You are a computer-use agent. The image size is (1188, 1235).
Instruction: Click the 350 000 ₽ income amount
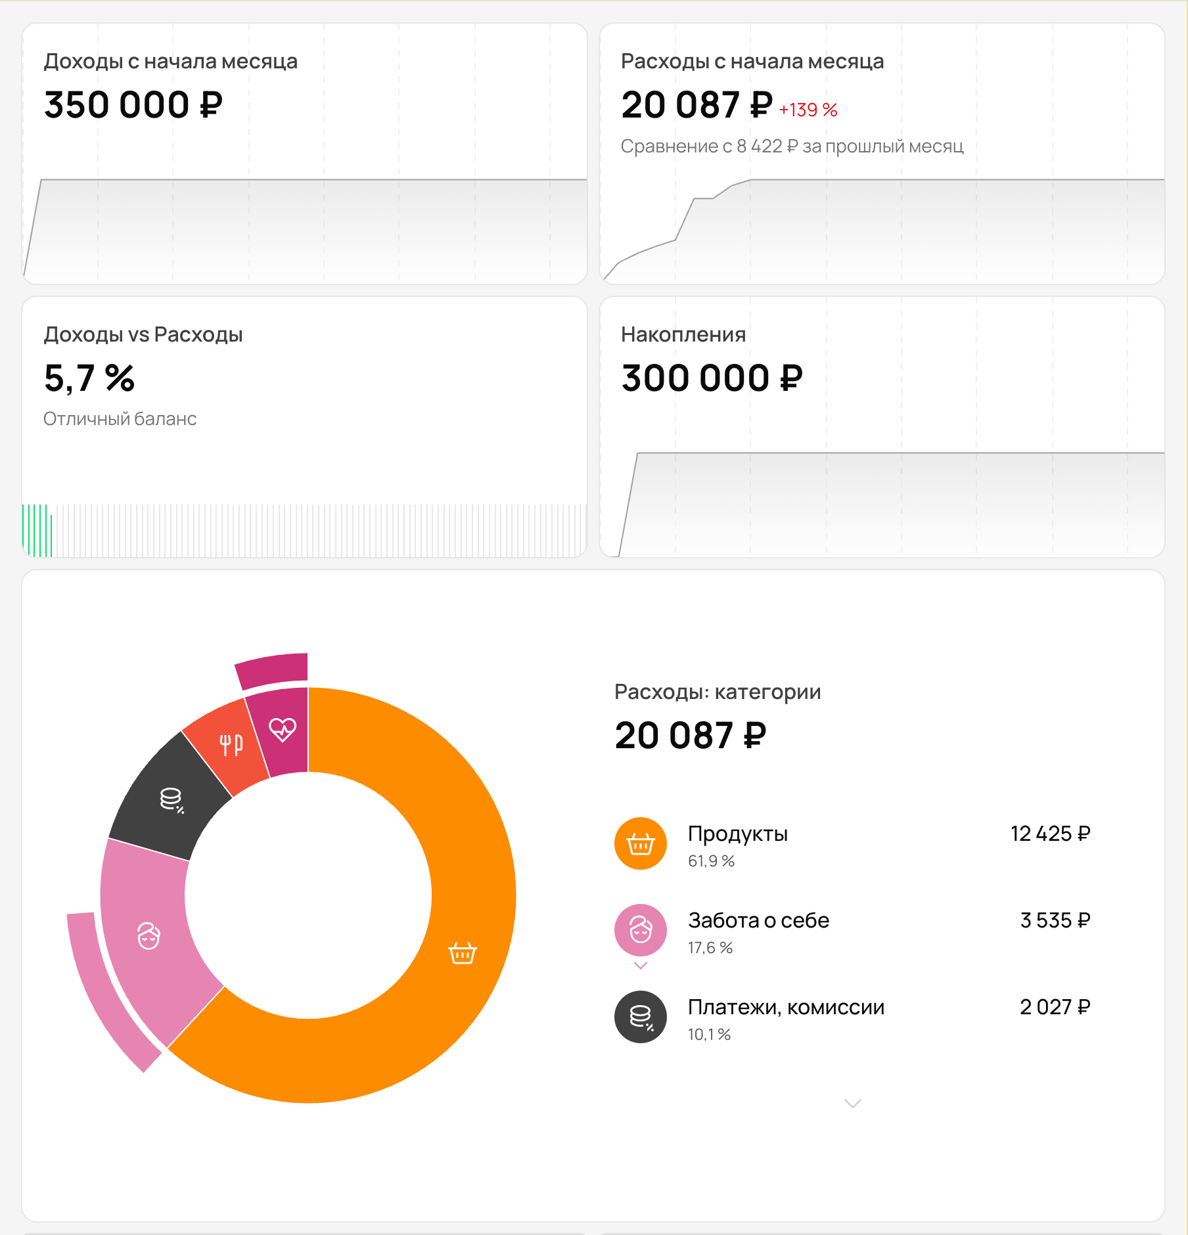[x=133, y=105]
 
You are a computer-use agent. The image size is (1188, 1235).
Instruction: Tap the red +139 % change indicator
[x=808, y=110]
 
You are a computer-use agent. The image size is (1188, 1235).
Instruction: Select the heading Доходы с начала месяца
[x=170, y=61]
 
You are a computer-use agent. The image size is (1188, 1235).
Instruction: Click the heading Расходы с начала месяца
[x=752, y=61]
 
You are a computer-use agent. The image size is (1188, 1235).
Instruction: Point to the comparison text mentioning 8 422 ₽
[x=792, y=146]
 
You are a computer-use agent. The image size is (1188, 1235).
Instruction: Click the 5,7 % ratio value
[x=89, y=378]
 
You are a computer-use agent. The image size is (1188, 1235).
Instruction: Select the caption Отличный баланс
[x=120, y=418]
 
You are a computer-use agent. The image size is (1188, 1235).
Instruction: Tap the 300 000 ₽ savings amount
[x=712, y=378]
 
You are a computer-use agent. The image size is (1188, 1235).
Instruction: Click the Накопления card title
[x=683, y=334]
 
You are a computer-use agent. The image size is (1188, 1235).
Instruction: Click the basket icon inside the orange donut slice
[x=462, y=953]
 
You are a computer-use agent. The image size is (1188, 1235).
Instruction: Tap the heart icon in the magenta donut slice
[x=283, y=729]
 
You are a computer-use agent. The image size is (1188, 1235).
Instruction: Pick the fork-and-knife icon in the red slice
[x=231, y=744]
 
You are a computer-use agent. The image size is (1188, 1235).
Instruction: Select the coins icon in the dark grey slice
[x=171, y=799]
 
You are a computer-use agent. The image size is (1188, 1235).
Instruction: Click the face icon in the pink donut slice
[x=148, y=935]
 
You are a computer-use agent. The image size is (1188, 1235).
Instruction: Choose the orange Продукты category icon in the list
[x=640, y=843]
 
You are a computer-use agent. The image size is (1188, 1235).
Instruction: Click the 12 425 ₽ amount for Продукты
[x=1050, y=834]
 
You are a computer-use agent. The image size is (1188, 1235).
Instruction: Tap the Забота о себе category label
[x=758, y=920]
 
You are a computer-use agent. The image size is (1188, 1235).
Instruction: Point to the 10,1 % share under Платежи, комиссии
[x=709, y=1034]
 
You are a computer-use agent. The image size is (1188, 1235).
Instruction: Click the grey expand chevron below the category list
[x=852, y=1104]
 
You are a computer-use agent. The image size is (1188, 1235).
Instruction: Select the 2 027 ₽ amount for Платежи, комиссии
[x=1055, y=1007]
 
